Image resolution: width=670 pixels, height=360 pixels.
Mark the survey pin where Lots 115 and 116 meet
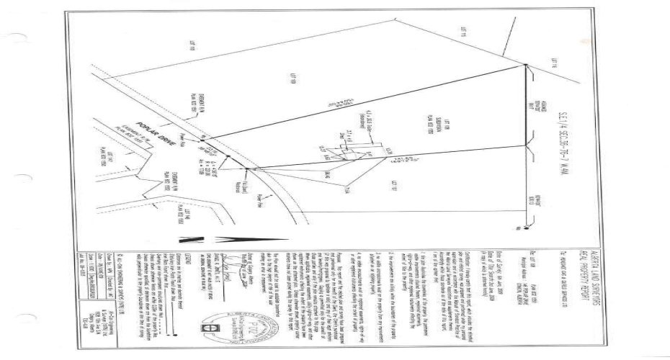click(x=526, y=66)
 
